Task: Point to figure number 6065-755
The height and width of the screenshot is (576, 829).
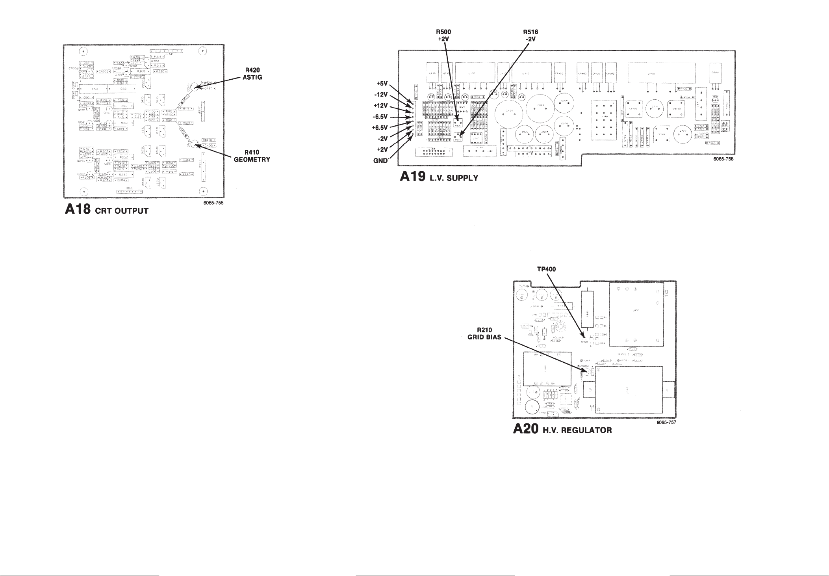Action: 215,203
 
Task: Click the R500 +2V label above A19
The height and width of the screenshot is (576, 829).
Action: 443,36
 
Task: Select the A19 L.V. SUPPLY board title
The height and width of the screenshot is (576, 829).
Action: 439,177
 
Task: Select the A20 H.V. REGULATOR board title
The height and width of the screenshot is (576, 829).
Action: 562,429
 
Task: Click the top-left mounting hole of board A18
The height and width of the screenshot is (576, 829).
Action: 83,51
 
